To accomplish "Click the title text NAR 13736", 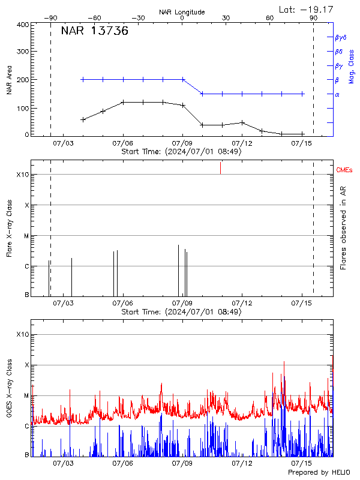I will pos(94,32).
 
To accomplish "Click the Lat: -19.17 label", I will pos(306,8).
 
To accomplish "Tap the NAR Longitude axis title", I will pos(182,12).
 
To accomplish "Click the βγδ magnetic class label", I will pos(340,37).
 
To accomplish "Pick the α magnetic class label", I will pos(337,94).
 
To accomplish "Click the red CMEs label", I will pos(345,171).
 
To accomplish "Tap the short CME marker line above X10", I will pos(220,168).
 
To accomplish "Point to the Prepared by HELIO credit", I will pos(320,473).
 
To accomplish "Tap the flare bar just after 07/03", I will pos(71,277).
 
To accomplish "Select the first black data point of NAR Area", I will pos(83,119).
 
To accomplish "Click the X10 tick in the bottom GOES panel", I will pos(22,334).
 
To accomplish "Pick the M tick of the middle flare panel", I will pos(26,236).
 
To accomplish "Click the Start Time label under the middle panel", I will pos(181,312).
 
